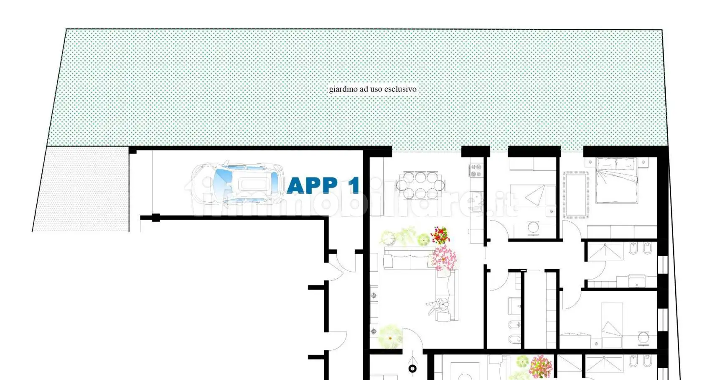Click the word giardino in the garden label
(x=343, y=89)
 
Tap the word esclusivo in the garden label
(x=400, y=89)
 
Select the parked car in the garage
(x=237, y=184)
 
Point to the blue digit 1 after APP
(x=354, y=185)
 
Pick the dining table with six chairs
(x=420, y=185)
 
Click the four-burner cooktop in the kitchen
(x=476, y=170)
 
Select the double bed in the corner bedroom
(x=616, y=181)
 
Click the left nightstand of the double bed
(x=590, y=162)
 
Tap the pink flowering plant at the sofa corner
(x=444, y=257)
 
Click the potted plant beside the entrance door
(x=390, y=336)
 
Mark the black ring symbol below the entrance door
(x=412, y=368)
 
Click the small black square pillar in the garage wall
(x=156, y=218)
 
